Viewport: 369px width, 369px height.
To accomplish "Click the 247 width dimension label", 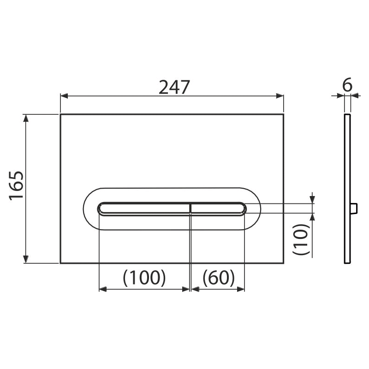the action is click(x=174, y=87).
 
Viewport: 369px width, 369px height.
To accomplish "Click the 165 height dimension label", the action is click(x=17, y=186).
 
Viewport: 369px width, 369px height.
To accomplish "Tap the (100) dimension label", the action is click(x=144, y=278).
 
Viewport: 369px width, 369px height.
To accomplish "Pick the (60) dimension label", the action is click(x=219, y=278).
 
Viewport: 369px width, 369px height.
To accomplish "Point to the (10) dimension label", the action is click(x=301, y=239).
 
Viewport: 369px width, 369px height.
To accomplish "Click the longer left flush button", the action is click(x=143, y=208).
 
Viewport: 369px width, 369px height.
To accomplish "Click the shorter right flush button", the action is click(x=218, y=208).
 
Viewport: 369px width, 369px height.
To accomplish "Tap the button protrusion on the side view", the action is click(x=354, y=208).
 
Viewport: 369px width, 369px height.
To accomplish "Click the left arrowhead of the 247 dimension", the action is click(x=64, y=96).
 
